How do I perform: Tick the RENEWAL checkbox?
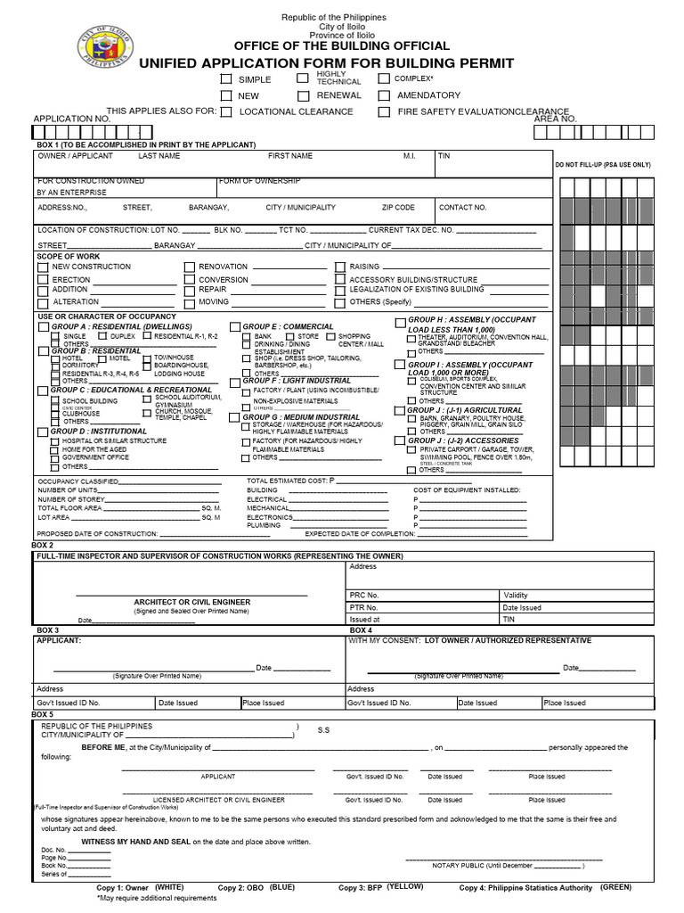[304, 95]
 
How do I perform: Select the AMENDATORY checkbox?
[384, 95]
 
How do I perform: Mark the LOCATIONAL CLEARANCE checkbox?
[226, 112]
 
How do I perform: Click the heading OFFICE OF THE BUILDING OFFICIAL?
[334, 45]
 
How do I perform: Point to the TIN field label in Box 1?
[444, 156]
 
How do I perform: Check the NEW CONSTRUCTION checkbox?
[43, 267]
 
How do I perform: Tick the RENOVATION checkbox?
[189, 267]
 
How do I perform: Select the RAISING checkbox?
[339, 267]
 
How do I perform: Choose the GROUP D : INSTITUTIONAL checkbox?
[43, 432]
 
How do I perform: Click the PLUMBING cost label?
[263, 526]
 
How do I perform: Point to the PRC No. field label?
[364, 595]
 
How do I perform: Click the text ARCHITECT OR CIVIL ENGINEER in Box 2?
[192, 603]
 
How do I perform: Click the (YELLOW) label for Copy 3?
[405, 887]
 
